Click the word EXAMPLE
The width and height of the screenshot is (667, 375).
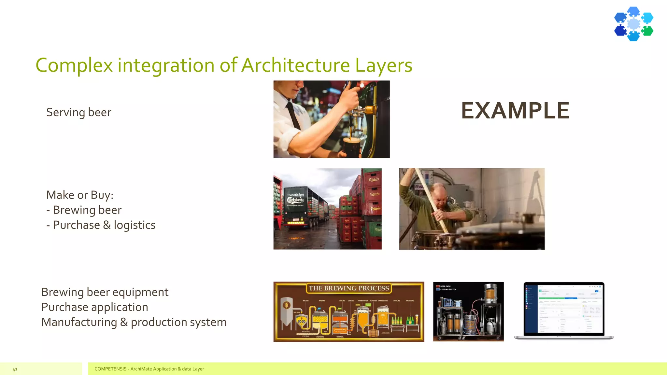(x=515, y=111)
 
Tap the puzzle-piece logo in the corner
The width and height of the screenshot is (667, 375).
(x=633, y=24)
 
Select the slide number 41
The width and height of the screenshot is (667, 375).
(x=15, y=369)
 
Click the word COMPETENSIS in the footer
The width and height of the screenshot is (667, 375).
(x=110, y=369)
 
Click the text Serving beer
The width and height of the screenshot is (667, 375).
(x=79, y=112)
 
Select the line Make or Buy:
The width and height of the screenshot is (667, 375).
(x=80, y=195)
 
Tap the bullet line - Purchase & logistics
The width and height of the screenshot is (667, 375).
(x=101, y=225)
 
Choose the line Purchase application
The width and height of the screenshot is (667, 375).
(x=95, y=307)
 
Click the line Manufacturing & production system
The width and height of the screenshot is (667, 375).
(x=134, y=322)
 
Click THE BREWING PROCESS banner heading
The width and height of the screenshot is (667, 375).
(x=349, y=288)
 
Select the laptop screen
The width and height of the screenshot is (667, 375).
(x=564, y=308)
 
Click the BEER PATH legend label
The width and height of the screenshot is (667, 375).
(x=445, y=286)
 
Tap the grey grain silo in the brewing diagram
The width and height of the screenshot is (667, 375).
(x=287, y=311)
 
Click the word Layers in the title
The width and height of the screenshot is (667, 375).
(x=384, y=65)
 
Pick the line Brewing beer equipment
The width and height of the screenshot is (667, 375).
(x=105, y=292)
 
